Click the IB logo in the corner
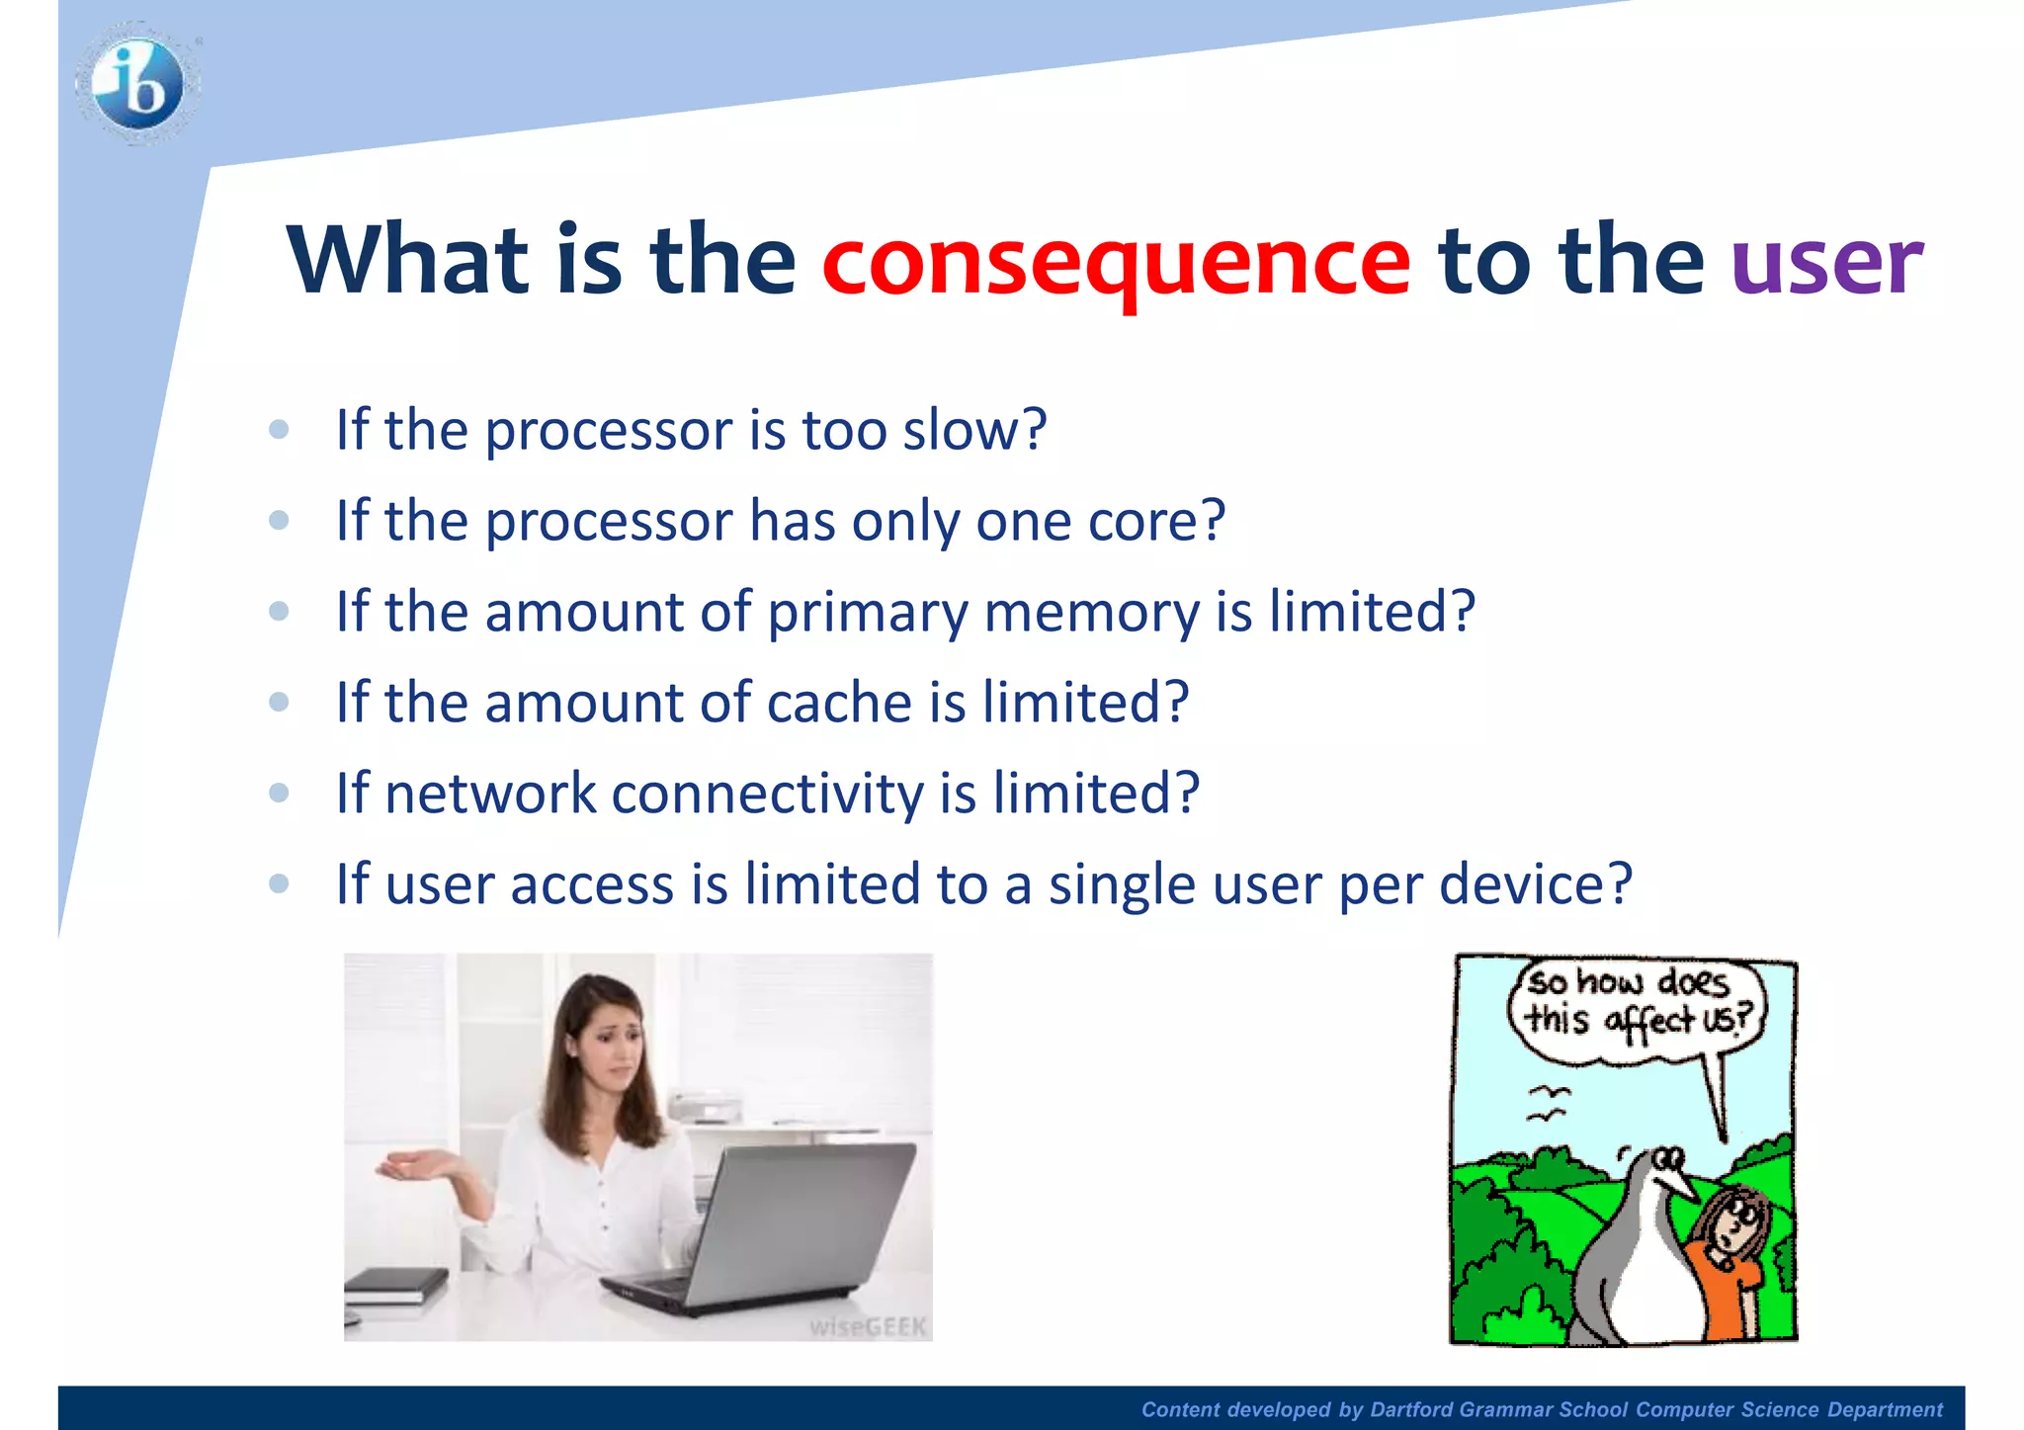138,84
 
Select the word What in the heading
407,259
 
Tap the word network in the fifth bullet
490,794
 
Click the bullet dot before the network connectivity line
279,793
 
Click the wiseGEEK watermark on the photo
868,1326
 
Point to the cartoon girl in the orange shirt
1729,1255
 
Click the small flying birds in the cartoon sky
1548,1103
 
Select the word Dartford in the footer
1410,1410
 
